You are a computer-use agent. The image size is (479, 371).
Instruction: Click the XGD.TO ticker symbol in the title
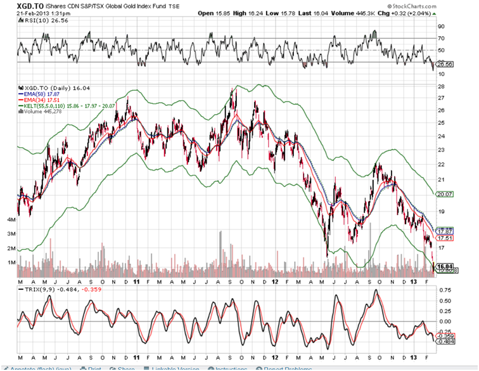coord(17,5)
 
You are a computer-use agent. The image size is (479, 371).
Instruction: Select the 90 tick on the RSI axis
coord(440,27)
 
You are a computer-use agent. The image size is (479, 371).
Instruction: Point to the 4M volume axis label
coord(11,219)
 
